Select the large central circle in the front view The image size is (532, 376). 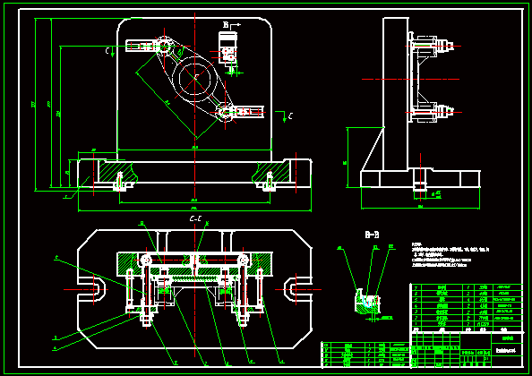point(194,79)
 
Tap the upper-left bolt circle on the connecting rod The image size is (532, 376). point(164,46)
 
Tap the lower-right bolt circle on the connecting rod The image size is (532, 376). point(224,112)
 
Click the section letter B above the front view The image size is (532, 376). point(227,24)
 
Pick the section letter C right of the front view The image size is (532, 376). point(288,115)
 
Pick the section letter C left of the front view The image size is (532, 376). point(107,52)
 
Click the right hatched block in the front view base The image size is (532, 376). point(278,170)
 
